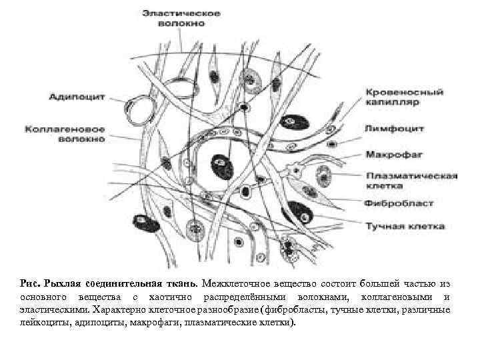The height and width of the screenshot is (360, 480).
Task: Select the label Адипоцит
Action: pos(77,96)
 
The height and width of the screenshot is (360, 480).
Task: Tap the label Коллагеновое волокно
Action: pos(65,133)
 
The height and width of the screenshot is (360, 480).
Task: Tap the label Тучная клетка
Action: pos(404,226)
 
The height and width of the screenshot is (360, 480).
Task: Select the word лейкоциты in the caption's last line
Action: pos(42,323)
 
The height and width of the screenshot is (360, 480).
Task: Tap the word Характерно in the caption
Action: pos(122,309)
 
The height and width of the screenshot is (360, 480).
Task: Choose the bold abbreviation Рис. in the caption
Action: pos(31,283)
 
